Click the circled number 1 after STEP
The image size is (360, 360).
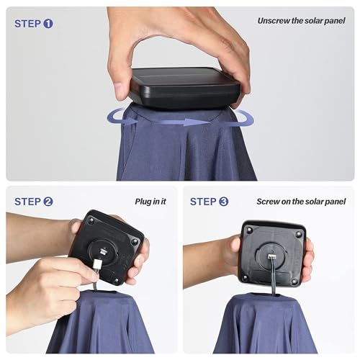48,24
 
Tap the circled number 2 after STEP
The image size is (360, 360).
48,202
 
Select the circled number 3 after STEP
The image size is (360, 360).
224,202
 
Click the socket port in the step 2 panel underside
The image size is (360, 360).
103,251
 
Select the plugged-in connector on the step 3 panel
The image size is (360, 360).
271,256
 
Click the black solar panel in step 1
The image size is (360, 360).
185,88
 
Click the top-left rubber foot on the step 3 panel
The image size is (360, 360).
250,230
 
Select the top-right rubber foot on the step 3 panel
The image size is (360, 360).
299,233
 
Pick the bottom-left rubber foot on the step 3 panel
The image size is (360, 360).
245,278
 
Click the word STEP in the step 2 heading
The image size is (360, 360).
28,202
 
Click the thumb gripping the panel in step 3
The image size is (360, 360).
235,247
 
